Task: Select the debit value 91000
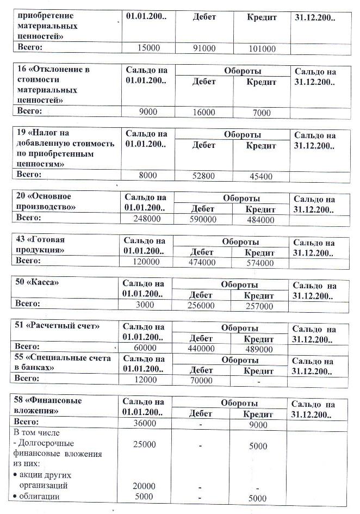tap(204, 49)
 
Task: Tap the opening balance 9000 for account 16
tap(148, 112)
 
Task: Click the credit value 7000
tap(262, 113)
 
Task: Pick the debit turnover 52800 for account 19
tap(204, 176)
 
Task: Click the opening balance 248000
tap(147, 219)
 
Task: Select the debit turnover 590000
tap(203, 220)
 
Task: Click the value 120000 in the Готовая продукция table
tap(146, 262)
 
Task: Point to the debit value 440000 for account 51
tap(201, 349)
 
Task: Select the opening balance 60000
tap(145, 348)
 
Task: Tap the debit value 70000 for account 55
tap(201, 381)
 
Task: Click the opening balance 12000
tap(145, 380)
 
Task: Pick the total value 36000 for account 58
tap(145, 423)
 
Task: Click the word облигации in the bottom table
tap(40, 497)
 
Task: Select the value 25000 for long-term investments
tap(145, 444)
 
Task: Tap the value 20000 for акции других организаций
tap(145, 486)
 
